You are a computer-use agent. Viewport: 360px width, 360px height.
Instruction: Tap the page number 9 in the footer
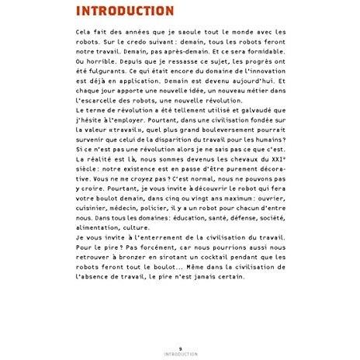pyautogui.click(x=180, y=348)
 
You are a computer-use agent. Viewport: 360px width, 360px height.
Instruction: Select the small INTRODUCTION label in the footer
pyautogui.click(x=180, y=354)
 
